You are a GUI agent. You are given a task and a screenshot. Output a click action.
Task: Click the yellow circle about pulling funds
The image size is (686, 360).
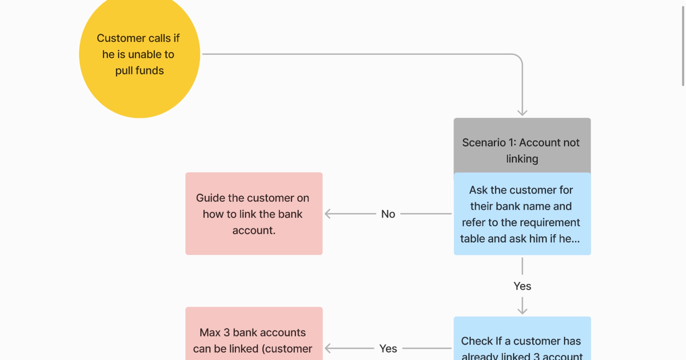[x=139, y=54]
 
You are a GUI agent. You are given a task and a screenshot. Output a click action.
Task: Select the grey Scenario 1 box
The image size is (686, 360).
[x=522, y=145]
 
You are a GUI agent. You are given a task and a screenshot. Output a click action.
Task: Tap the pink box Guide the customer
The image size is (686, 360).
[x=254, y=214]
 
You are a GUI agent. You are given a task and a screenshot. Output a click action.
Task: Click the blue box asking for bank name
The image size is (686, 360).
[x=522, y=214]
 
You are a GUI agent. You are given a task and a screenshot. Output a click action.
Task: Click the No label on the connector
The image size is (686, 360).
[x=388, y=214]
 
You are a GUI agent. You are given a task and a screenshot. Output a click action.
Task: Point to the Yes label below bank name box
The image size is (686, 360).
[x=522, y=286]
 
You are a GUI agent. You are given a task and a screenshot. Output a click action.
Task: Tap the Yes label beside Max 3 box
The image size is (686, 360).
[x=388, y=348]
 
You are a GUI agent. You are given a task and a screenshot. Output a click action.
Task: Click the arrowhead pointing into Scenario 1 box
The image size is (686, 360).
[x=522, y=113]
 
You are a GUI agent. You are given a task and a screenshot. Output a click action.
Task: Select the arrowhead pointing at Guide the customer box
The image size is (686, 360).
[x=328, y=214]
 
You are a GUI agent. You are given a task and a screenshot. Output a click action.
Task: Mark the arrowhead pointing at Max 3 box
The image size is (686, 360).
[x=328, y=348]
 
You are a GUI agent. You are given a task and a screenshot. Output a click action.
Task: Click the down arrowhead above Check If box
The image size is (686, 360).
[x=522, y=310]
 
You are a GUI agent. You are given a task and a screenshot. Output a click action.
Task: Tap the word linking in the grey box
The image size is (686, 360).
[x=522, y=159]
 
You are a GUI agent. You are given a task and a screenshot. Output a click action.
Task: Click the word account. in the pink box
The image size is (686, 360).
[x=254, y=230]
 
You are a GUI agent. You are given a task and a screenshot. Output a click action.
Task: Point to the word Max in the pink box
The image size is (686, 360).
[x=210, y=333]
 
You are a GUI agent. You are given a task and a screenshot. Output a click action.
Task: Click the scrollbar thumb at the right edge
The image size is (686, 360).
[x=683, y=43]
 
